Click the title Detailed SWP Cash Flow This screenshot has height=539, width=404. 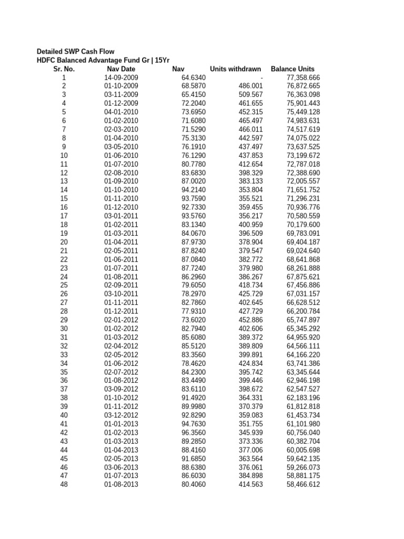coord(75,52)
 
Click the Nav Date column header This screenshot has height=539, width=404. coord(121,69)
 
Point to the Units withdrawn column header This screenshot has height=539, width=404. coord(236,69)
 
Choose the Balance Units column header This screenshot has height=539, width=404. coord(292,69)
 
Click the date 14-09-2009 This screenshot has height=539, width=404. coord(121,77)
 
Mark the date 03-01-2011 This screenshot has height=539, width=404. coord(121,216)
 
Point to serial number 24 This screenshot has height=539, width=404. coord(64,276)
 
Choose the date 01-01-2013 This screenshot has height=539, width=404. coord(121,423)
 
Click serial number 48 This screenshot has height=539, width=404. coord(64,484)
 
